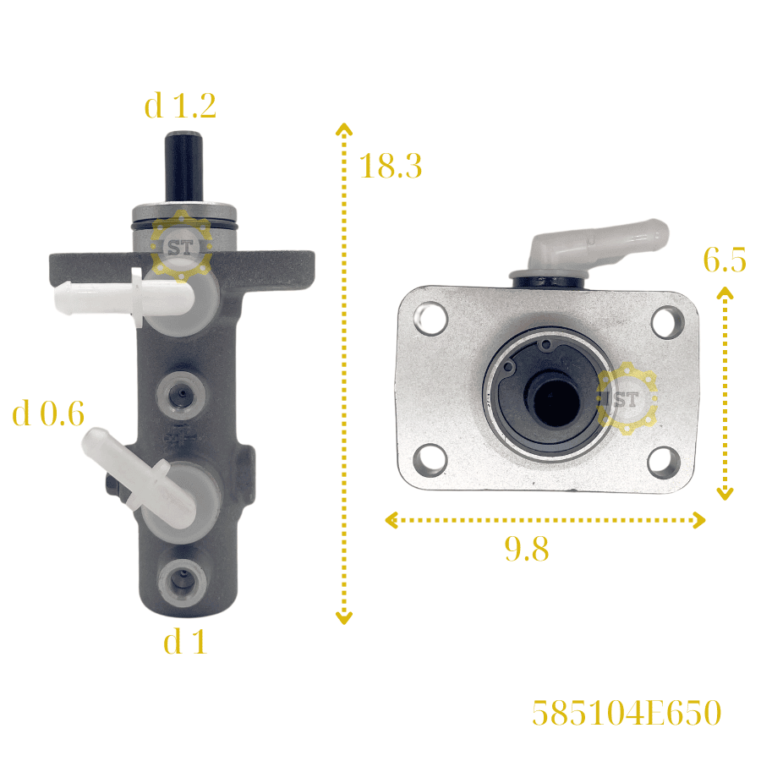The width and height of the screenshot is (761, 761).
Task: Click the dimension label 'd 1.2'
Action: (180, 106)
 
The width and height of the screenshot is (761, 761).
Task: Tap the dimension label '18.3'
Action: (391, 166)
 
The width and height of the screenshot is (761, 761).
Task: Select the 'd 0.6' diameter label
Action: (48, 413)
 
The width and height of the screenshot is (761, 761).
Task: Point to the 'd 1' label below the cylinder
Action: (185, 642)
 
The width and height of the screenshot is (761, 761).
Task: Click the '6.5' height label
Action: (725, 260)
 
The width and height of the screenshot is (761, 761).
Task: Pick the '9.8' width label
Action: (527, 549)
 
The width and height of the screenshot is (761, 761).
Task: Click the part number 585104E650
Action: (627, 713)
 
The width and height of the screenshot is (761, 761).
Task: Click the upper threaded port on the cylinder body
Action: (181, 395)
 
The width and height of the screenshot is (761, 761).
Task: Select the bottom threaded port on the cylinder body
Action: (182, 581)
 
